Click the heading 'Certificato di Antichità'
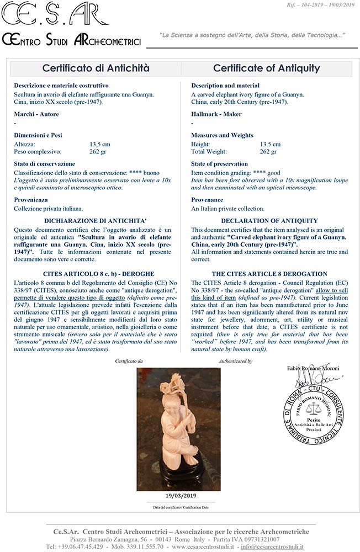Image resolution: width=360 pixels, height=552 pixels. tap(96, 68)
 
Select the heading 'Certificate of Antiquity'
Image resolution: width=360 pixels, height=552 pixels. tap(266, 68)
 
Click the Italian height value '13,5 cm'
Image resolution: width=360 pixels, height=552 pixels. tap(100, 144)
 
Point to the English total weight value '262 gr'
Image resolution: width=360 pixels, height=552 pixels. tap(268, 152)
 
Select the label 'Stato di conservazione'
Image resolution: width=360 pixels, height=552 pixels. tap(44, 164)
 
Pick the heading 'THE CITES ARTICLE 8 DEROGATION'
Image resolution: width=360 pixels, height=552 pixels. tap(269, 274)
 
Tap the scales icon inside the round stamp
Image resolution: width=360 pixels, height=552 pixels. tap(317, 410)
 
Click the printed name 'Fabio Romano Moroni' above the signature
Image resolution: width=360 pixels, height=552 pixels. tap(314, 368)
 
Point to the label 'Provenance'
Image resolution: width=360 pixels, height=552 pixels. tap(207, 200)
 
